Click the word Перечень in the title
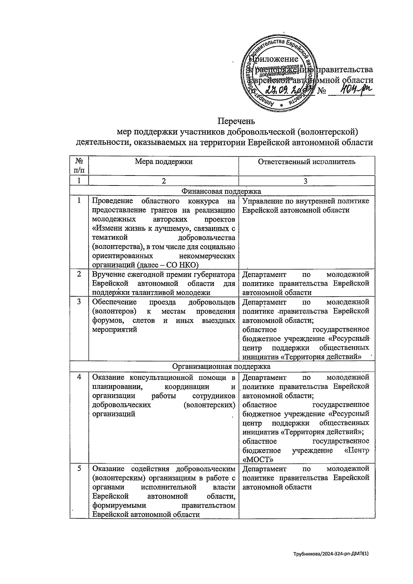236,121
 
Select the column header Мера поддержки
163,161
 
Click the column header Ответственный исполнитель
307,161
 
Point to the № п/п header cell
79,166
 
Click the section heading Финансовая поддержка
222,191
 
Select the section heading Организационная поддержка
222,366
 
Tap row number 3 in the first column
79,302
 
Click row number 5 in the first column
79,469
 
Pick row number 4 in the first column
79,377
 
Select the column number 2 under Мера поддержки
163,181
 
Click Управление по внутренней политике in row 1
306,201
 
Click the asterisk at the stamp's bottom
281,105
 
